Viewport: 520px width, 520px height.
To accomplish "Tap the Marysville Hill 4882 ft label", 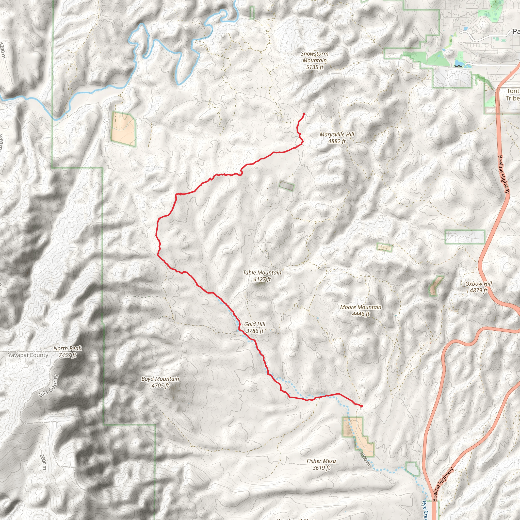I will tap(337, 138).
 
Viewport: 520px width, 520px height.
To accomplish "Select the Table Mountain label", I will tap(262, 276).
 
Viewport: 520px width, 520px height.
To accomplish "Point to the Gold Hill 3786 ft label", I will tap(255, 328).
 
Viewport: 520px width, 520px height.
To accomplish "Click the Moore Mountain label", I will tap(360, 311).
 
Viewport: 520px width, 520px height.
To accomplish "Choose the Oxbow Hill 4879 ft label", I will tap(478, 287).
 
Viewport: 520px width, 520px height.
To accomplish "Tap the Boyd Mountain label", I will tap(160, 382).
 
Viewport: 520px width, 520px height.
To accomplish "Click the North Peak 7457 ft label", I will tap(68, 352).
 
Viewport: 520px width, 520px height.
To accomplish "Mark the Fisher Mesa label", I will tap(321, 464).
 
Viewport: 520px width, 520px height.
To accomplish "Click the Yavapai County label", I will tap(28, 355).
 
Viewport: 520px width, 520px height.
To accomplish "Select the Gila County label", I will tap(49, 386).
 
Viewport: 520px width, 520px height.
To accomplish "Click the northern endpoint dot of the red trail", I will tap(304, 114).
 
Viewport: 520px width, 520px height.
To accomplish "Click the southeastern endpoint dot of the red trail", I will tap(362, 406).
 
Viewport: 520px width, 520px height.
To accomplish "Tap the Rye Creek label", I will tap(425, 510).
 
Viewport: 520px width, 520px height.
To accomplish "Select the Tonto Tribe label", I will tap(512, 95).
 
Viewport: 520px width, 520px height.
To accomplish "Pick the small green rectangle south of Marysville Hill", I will tap(287, 186).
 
